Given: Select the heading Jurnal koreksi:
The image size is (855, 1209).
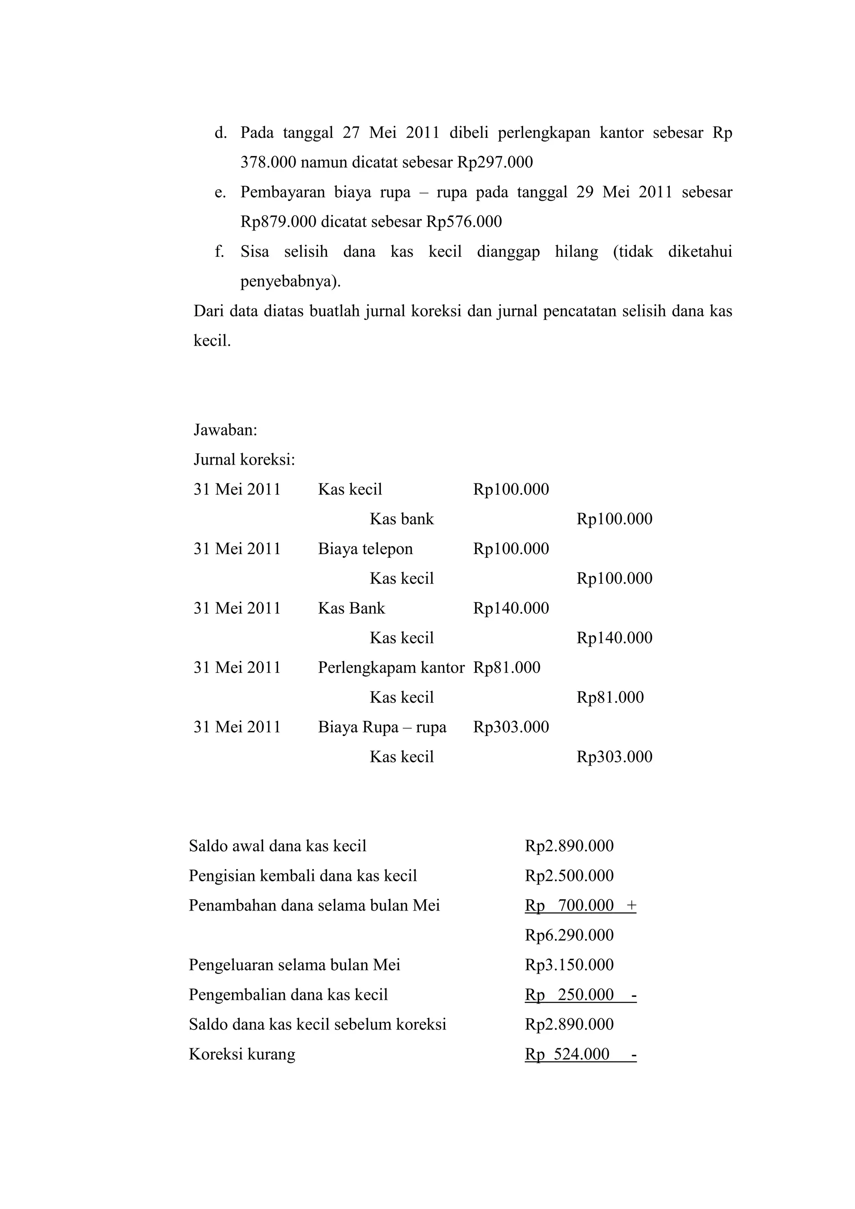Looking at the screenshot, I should [x=244, y=460].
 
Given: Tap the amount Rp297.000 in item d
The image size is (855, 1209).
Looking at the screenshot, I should [x=494, y=162].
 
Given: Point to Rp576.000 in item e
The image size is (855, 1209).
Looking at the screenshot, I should [x=463, y=222].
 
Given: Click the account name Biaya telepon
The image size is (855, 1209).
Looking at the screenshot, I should [x=365, y=549].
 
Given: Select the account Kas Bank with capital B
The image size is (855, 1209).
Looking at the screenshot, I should [x=351, y=608].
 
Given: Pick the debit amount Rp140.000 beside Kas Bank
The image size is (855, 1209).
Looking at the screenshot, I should [x=511, y=608].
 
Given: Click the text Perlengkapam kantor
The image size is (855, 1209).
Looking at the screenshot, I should [x=391, y=668].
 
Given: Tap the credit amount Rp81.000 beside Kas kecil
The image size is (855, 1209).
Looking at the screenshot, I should [x=610, y=697].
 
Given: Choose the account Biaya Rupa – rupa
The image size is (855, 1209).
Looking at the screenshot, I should [x=382, y=727].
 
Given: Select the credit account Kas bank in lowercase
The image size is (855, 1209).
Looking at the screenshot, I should [x=401, y=519].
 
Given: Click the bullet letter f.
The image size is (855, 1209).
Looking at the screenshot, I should [x=219, y=252].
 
